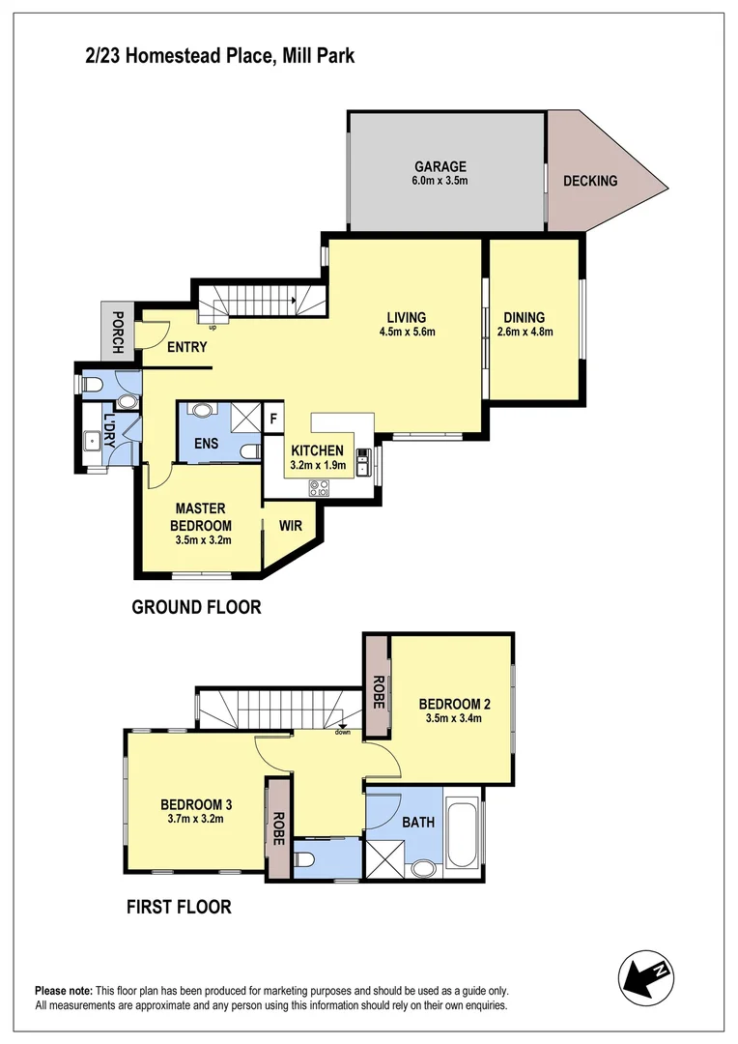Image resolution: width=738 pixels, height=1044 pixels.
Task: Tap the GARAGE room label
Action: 440,166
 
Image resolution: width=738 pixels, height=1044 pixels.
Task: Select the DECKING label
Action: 589,181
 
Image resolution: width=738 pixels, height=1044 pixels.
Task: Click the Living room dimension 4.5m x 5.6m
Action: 406,333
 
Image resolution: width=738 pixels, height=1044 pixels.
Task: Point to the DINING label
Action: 524,317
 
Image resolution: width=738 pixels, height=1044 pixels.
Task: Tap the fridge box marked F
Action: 273,419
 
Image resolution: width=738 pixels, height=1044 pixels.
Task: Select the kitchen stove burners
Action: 319,487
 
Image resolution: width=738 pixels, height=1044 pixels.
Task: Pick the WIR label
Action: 292,527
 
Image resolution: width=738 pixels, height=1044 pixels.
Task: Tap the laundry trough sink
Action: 92,441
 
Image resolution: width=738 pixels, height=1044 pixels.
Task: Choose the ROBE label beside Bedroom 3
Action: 279,829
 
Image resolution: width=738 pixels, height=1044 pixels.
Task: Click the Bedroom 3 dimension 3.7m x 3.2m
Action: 198,819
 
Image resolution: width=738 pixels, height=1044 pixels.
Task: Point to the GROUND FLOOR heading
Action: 196,608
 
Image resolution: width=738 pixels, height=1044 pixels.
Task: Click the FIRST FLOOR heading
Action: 179,907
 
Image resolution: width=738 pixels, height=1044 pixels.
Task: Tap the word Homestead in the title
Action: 181,57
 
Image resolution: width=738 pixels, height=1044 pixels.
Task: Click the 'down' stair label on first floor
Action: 343,732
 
